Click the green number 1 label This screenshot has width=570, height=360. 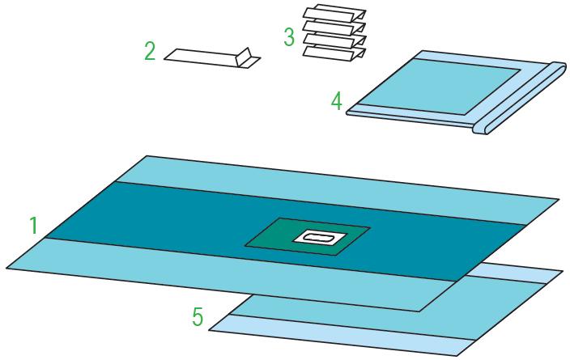(x=33, y=225)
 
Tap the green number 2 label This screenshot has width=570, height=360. (x=150, y=51)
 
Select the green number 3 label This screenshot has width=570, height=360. (x=289, y=37)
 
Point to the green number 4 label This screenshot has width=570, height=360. (x=337, y=101)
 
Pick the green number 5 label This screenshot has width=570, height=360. (x=198, y=317)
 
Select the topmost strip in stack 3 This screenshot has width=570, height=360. (x=334, y=14)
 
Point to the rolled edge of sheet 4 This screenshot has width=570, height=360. (x=520, y=98)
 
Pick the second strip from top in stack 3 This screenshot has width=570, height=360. (x=334, y=28)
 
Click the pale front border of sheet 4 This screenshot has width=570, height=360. (x=410, y=116)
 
